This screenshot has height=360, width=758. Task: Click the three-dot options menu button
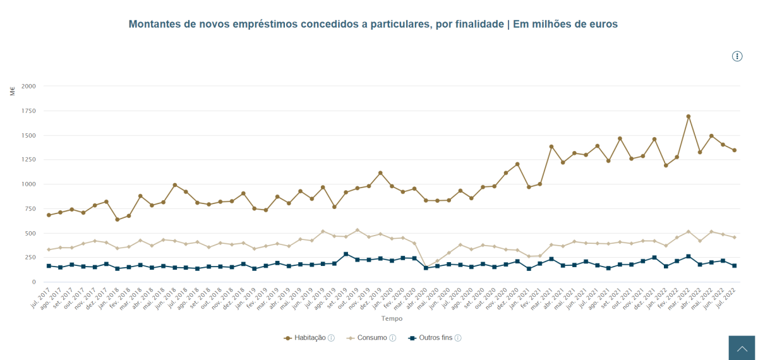point(737,56)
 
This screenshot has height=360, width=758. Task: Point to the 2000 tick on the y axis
point(28,86)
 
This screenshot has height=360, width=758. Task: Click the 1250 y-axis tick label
point(28,160)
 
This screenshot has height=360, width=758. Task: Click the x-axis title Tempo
point(392,319)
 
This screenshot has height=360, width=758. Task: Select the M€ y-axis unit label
point(13,91)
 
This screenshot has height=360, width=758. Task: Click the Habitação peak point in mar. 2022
point(689,116)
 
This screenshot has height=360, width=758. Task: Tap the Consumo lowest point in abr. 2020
point(426,267)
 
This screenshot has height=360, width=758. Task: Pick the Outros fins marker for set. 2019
point(346,254)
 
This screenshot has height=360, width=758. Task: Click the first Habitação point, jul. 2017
point(49,215)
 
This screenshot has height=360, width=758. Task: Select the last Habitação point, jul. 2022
point(735,150)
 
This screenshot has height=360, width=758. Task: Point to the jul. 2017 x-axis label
point(40,300)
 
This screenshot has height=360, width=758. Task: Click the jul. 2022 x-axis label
point(726,300)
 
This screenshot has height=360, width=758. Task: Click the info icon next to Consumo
point(393,338)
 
